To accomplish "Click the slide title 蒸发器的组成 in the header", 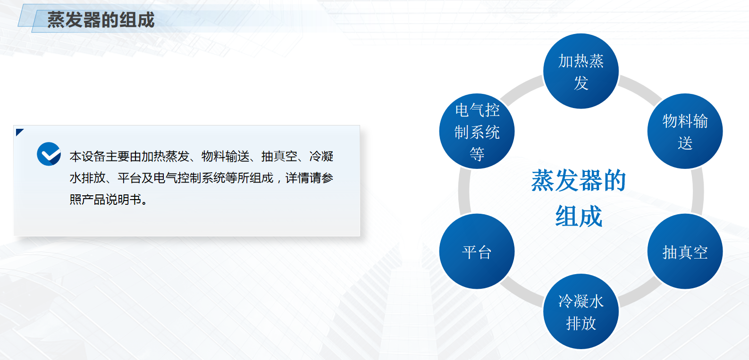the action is click(101, 20).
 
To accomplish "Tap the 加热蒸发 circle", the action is click(581, 71).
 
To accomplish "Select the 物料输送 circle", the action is click(685, 131).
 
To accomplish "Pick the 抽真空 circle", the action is click(685, 251).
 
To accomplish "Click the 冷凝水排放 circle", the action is click(581, 311).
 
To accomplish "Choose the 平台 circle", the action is click(477, 251).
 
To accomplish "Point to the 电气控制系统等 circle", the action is click(477, 131).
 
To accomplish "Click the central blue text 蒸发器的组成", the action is click(579, 198).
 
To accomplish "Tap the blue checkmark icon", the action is click(49, 154).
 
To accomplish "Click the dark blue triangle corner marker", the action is click(19, 131).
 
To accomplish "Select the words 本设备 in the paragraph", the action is click(87, 157).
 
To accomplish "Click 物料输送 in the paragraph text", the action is click(226, 157).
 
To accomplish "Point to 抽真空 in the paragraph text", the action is click(279, 157).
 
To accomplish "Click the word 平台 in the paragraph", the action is click(129, 178).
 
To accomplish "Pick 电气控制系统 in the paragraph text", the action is click(189, 178).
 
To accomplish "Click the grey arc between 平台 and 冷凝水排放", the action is click(521, 293).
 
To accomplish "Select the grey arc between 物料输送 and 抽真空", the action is click(698, 191).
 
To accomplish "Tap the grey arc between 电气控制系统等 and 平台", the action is click(464, 191).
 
